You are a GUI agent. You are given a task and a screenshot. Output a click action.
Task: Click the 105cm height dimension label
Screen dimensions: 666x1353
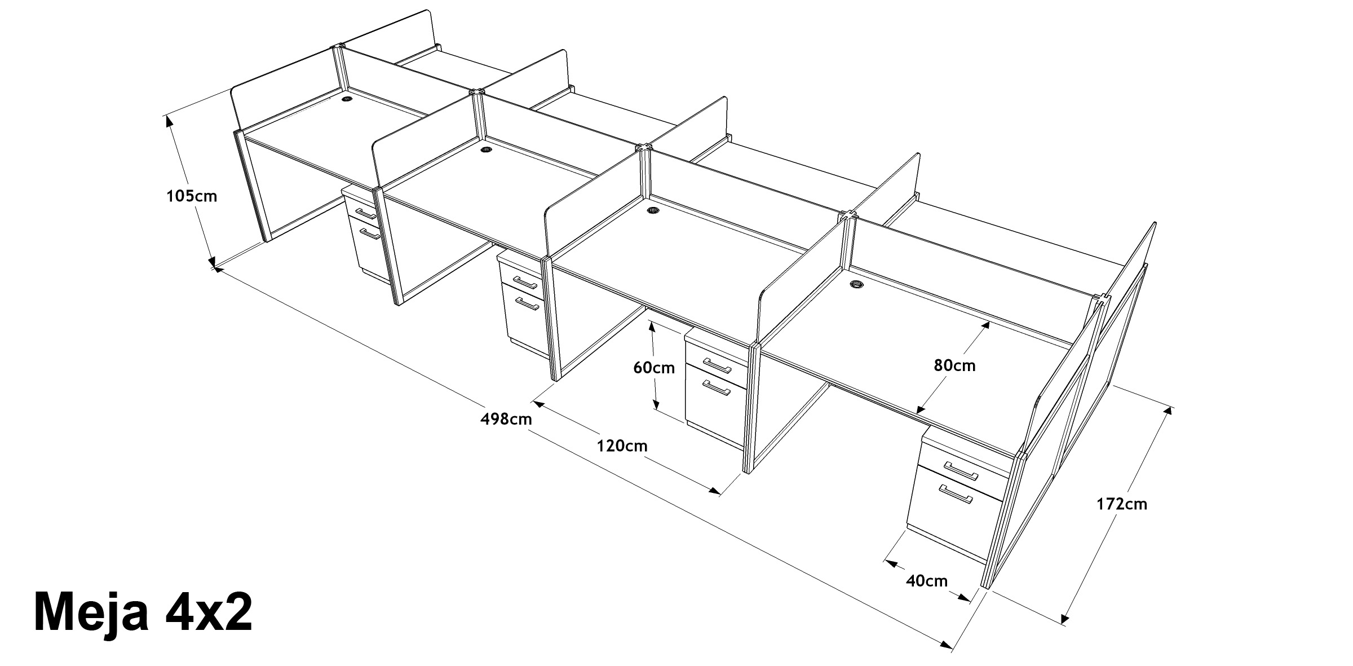click(x=191, y=196)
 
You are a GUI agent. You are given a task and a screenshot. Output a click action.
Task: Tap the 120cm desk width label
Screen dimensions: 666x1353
click(x=622, y=446)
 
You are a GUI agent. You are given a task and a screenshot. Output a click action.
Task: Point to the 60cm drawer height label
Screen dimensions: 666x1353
click(x=654, y=368)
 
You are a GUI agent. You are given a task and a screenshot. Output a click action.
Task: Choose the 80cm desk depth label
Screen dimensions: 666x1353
click(x=954, y=365)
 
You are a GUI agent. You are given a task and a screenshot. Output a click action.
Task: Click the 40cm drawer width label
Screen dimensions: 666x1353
click(x=927, y=580)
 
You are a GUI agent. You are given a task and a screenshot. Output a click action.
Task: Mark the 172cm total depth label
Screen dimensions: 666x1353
click(x=1121, y=504)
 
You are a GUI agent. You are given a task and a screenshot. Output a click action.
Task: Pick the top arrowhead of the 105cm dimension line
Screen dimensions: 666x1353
click(x=167, y=119)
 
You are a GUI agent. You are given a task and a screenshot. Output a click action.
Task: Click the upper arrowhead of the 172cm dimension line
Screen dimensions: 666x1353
click(x=1169, y=410)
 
